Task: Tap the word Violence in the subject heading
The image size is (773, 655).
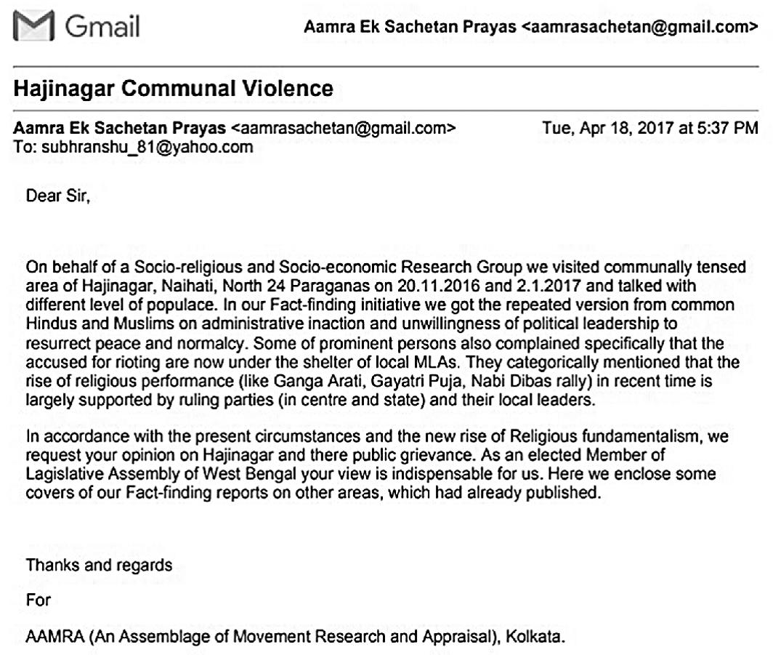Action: [x=288, y=89]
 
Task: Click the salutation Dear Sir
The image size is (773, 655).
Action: [x=58, y=195]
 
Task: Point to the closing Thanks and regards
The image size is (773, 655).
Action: [x=100, y=565]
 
